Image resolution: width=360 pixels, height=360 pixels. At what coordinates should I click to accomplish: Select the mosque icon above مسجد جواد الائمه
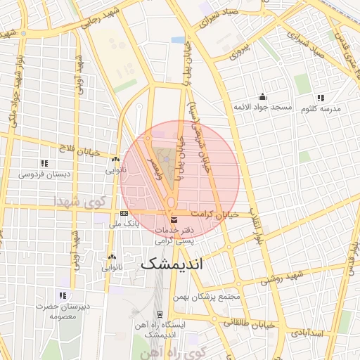[263, 96]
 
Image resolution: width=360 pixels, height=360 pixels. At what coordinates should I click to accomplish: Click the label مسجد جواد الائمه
[263, 107]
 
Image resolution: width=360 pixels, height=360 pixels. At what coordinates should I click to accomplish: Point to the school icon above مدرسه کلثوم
[321, 98]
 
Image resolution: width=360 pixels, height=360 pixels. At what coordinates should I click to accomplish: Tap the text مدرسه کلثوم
[321, 109]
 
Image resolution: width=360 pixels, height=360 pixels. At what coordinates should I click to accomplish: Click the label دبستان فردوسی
[44, 173]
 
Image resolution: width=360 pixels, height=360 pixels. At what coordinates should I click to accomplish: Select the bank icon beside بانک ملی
[124, 213]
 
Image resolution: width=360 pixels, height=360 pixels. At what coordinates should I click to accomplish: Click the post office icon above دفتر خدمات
[174, 219]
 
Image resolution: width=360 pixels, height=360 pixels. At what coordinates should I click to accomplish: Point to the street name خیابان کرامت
[215, 213]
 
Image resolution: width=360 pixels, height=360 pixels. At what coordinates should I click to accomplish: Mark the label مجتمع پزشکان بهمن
[210, 296]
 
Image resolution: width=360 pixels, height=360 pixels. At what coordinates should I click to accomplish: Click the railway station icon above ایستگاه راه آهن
[160, 314]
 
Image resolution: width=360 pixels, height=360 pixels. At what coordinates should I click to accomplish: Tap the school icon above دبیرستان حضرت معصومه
[62, 295]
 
